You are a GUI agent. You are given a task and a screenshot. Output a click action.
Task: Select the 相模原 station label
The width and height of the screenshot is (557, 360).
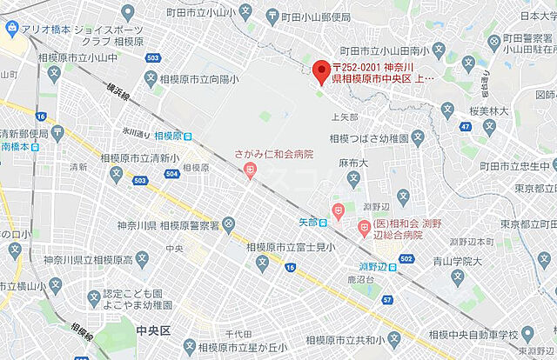pyautogui.click(x=173, y=136)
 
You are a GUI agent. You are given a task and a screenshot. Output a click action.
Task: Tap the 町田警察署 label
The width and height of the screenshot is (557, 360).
pyautogui.click(x=528, y=38)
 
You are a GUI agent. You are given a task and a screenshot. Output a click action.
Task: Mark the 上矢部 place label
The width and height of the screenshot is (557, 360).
pyautogui.click(x=346, y=116)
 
